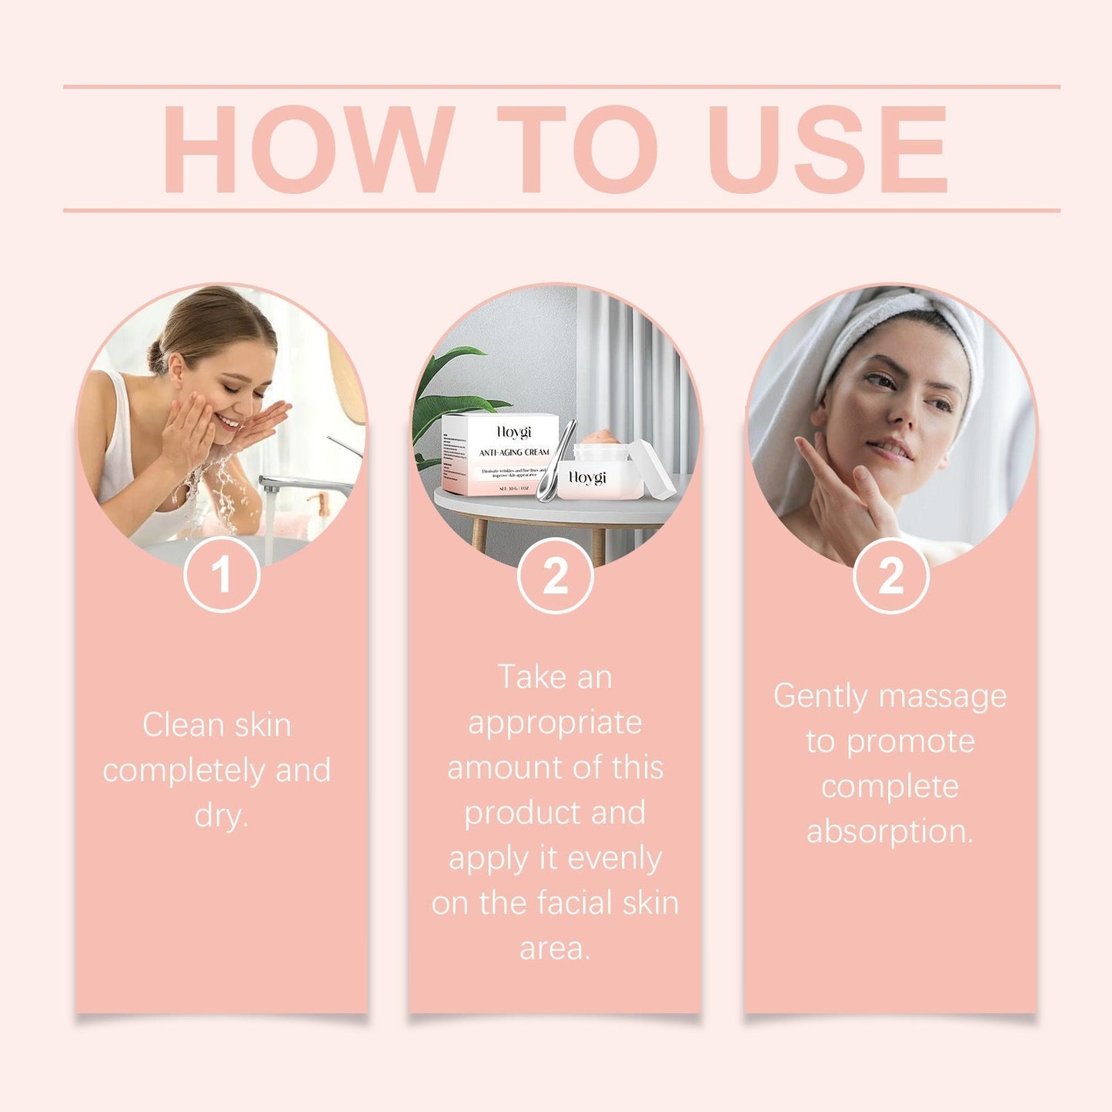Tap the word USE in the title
coord(827,149)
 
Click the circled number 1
coord(222,575)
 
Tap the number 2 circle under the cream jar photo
coord(555,576)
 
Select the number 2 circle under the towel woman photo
coord(890,576)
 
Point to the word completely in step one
coord(184,770)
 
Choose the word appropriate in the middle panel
coord(555,723)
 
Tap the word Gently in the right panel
coord(820,696)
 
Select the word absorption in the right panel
coord(890,831)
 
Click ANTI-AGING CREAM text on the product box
coord(513,452)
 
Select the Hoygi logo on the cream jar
coord(588,478)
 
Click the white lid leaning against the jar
coord(653,469)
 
